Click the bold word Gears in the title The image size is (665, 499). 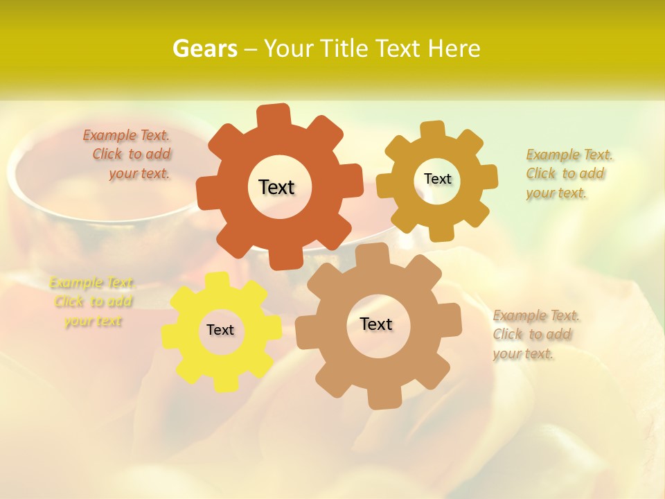point(204,49)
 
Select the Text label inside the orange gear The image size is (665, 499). point(276,187)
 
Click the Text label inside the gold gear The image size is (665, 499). point(437,179)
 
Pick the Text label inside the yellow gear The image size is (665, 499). point(220,330)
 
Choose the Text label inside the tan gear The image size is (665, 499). point(376,324)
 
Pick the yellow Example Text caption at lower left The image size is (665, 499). point(92,301)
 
